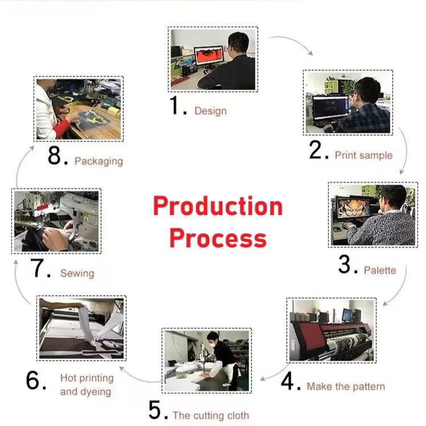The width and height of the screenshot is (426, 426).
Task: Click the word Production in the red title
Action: pyautogui.click(x=218, y=206)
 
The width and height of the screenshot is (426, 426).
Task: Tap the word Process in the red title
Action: pyautogui.click(x=218, y=238)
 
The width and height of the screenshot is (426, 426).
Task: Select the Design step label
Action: pyautogui.click(x=210, y=111)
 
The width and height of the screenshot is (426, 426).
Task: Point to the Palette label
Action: pyautogui.click(x=380, y=270)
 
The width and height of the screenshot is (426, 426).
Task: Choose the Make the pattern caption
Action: pyautogui.click(x=346, y=386)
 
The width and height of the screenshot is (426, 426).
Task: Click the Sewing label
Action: pyautogui.click(x=77, y=274)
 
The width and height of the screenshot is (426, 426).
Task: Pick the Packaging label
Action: pyautogui.click(x=98, y=162)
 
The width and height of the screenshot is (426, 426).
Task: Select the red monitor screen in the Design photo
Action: pyautogui.click(x=209, y=56)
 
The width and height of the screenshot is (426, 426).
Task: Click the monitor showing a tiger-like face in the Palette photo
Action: pyautogui.click(x=354, y=207)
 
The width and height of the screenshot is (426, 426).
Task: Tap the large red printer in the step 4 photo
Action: pyautogui.click(x=332, y=337)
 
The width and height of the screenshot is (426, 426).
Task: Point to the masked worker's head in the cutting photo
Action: pyautogui.click(x=213, y=338)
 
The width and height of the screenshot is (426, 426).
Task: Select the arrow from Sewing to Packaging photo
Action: pyautogui.click(x=22, y=166)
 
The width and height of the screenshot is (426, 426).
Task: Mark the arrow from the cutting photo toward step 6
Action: pyautogui.click(x=139, y=378)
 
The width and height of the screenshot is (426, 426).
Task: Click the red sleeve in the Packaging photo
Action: pyautogui.click(x=61, y=128)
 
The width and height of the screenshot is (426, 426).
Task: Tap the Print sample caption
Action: pyautogui.click(x=364, y=155)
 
